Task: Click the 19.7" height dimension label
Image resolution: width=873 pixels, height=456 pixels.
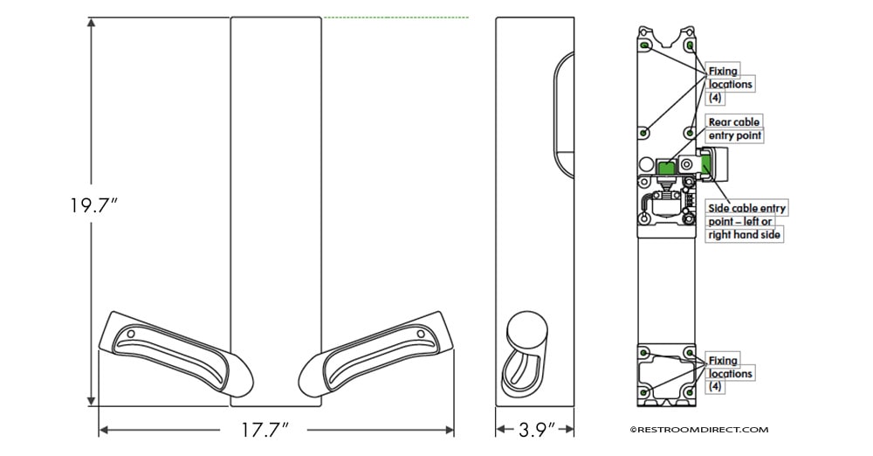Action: click(x=93, y=205)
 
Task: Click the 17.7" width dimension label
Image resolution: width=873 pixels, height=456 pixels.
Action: click(x=265, y=430)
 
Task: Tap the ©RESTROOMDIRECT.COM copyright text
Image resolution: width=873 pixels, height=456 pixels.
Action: click(x=698, y=429)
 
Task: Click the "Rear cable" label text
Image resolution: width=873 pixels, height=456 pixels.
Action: click(x=734, y=121)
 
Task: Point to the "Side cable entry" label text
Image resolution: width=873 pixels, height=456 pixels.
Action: click(x=746, y=208)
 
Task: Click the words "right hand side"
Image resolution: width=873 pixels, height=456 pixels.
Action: click(x=744, y=235)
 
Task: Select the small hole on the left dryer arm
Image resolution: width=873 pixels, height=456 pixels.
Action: click(x=131, y=334)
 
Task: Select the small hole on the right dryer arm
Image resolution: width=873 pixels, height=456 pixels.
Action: click(x=421, y=334)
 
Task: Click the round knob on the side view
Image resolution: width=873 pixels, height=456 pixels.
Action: click(x=526, y=328)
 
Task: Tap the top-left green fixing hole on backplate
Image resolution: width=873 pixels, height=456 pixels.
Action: click(x=645, y=45)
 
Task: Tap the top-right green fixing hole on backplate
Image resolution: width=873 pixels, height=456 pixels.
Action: click(x=690, y=45)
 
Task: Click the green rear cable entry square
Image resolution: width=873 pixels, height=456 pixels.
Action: click(x=665, y=167)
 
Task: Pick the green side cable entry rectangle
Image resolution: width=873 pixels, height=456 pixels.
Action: click(x=706, y=164)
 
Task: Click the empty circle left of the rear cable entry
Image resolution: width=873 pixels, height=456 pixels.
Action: click(x=646, y=164)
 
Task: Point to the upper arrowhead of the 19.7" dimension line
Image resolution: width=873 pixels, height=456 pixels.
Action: click(x=92, y=23)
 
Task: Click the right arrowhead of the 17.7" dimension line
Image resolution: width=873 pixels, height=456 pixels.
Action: click(x=450, y=430)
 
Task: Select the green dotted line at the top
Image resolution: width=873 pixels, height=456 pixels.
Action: click(x=396, y=17)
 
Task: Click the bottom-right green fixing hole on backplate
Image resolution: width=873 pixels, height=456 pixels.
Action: click(x=690, y=392)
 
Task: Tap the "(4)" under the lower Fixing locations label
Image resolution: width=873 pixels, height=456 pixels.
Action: click(x=716, y=386)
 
